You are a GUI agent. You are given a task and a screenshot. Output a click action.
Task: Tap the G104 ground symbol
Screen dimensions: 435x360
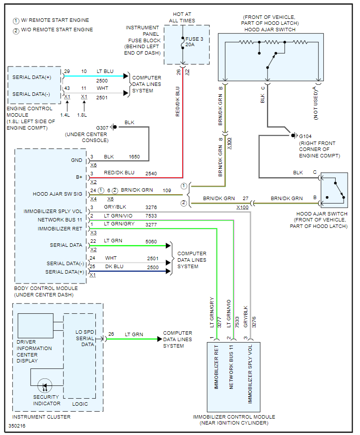point(294,135)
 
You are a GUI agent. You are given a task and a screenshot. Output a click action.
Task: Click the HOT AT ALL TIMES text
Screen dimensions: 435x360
point(182,17)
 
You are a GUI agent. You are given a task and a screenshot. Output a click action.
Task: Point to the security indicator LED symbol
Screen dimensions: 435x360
point(45,385)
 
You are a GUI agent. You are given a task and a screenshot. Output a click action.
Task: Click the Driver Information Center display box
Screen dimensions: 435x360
point(35,326)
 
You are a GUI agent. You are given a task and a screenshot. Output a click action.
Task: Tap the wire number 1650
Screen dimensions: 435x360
point(134,157)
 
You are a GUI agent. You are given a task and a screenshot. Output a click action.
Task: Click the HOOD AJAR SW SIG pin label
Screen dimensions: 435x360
point(58,194)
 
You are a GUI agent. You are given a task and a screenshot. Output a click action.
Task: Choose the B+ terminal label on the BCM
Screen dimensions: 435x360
point(78,176)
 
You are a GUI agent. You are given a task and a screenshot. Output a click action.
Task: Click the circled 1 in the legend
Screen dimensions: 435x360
point(16,21)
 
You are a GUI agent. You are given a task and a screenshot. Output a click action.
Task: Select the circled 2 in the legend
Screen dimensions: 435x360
point(16,30)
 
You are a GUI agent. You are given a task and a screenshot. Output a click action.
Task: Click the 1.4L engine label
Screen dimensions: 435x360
point(65,115)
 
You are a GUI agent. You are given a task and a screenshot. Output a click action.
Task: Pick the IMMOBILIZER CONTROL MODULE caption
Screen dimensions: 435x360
point(233,420)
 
